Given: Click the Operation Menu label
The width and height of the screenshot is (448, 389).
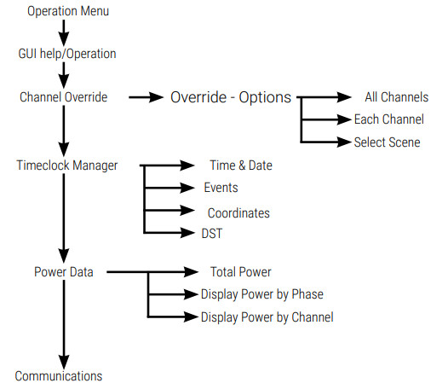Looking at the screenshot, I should [68, 12].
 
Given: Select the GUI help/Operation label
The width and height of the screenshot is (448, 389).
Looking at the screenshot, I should [66, 54].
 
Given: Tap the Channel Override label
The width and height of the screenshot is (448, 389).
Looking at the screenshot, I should [63, 96].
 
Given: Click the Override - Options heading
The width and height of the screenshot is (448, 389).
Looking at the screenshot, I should [231, 97].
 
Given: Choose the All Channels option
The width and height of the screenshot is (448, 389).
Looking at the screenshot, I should [396, 97].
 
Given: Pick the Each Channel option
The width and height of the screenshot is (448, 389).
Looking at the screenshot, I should [389, 119].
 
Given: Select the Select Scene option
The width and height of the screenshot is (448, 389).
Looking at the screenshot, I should [387, 142].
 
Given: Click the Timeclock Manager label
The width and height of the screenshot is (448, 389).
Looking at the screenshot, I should [67, 165].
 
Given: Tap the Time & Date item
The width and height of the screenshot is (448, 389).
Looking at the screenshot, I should [241, 165].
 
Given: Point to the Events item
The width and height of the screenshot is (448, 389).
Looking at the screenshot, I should [221, 187].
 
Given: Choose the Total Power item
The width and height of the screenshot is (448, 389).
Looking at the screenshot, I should [241, 272].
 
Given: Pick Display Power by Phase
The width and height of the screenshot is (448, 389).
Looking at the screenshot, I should [262, 294].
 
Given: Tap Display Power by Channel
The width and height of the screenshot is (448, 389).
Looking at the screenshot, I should [267, 316].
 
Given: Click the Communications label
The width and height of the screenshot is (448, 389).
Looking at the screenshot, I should [59, 375].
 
